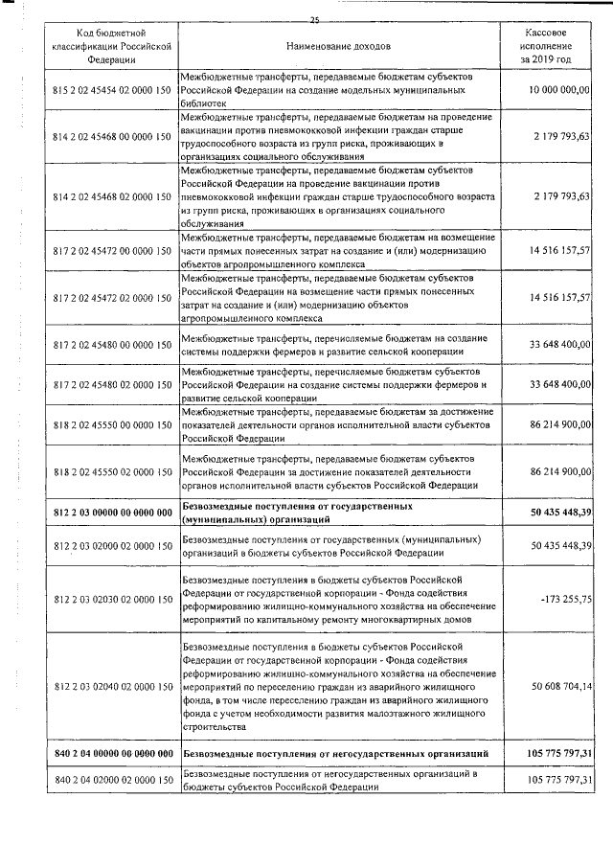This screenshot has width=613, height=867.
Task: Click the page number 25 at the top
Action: (x=314, y=19)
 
